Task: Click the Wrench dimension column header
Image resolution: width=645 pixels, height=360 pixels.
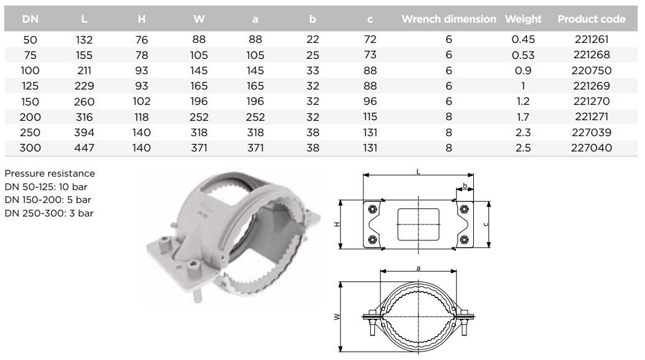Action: click(x=449, y=19)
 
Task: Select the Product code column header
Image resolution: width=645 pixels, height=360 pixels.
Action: click(x=591, y=19)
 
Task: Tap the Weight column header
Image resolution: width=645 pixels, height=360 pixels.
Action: click(x=523, y=19)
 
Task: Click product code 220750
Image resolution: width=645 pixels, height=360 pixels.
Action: click(x=591, y=71)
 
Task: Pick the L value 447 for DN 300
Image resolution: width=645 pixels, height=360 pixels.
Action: click(x=84, y=148)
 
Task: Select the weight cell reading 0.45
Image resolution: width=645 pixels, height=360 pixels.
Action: click(x=523, y=39)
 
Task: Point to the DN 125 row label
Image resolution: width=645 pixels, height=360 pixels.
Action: click(x=30, y=86)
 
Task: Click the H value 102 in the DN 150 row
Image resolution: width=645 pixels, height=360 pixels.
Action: click(x=142, y=102)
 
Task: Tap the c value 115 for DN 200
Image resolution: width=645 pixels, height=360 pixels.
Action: click(x=370, y=117)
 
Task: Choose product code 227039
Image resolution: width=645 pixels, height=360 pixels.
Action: click(x=591, y=132)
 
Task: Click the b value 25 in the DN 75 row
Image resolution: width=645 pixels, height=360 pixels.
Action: click(x=312, y=55)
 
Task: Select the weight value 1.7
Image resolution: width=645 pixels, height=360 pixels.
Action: click(x=523, y=117)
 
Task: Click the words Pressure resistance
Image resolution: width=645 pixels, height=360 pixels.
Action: click(x=50, y=174)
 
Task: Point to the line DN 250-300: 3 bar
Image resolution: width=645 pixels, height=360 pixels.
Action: click(x=49, y=213)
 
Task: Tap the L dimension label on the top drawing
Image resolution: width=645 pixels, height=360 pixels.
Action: click(x=419, y=171)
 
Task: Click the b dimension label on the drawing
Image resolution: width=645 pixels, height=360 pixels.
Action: click(x=465, y=186)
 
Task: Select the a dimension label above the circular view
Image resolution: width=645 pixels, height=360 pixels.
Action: click(x=419, y=268)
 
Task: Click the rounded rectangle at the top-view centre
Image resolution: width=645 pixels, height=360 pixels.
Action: click(x=419, y=224)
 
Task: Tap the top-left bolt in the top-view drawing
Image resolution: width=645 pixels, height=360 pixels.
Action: click(x=373, y=209)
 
